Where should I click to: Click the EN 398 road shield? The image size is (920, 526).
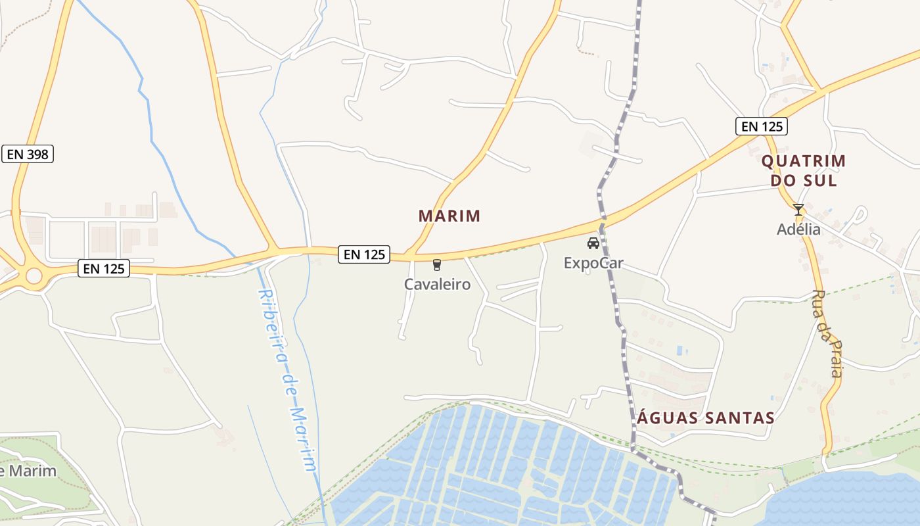coord(28,155)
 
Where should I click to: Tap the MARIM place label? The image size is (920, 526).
coord(449,216)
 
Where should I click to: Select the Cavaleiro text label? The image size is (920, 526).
coord(437,285)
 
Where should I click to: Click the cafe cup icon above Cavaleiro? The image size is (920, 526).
coord(437,265)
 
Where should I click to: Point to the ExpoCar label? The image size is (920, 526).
coord(593,264)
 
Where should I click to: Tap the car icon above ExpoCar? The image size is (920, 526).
coord(593,243)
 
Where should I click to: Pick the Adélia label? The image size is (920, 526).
coord(798,229)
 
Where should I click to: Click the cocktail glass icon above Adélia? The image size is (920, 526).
coord(798,210)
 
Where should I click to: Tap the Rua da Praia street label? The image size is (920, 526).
coord(827,334)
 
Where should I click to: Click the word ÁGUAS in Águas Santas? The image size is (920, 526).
coord(668,418)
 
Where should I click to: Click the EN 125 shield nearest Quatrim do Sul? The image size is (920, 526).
coord(761,126)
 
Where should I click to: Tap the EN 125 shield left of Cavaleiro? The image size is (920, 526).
coord(364,254)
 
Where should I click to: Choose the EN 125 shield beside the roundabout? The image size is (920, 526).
coord(104,268)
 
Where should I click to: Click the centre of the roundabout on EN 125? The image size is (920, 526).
coord(34,275)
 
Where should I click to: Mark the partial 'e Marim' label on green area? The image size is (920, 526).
coord(28,471)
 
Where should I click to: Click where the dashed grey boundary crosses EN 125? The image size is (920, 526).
coord(603,224)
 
